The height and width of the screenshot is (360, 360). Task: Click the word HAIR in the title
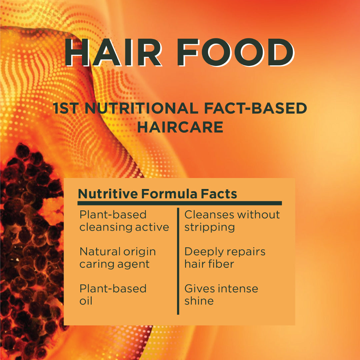click(x=113, y=53)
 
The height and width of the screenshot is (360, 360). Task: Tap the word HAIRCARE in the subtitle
click(x=180, y=127)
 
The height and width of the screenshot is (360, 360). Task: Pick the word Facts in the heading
click(x=218, y=194)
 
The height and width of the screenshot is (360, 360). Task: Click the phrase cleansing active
click(x=124, y=227)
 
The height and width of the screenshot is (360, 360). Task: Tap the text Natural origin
click(x=117, y=251)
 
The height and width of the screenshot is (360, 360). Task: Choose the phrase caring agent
click(x=114, y=264)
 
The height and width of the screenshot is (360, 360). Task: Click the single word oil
click(x=86, y=301)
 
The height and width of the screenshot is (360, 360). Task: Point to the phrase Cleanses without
click(x=232, y=215)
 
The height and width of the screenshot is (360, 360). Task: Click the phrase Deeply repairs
click(x=225, y=251)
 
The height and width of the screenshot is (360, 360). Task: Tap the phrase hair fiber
click(x=209, y=264)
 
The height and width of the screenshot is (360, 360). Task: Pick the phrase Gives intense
click(x=221, y=288)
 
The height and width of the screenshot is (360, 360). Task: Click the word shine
click(x=199, y=301)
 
